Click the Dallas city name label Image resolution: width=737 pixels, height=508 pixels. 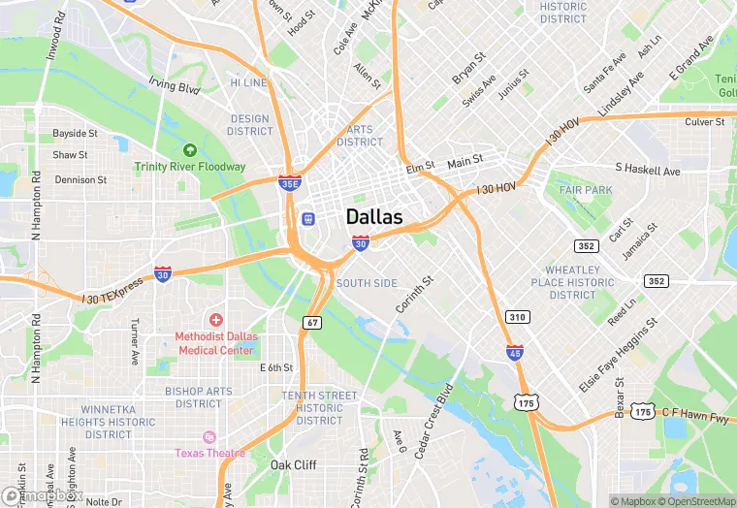tap(374, 217)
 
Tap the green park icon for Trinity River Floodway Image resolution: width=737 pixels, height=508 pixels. tap(190, 150)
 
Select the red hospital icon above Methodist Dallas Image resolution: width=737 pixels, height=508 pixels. tap(215, 320)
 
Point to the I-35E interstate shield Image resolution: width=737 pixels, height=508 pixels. tap(289, 181)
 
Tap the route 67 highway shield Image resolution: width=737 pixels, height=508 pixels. tap(311, 322)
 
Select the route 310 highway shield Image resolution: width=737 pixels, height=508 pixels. tap(517, 317)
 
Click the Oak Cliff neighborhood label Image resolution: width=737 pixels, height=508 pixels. tap(293, 465)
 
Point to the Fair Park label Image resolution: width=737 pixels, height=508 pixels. tap(586, 190)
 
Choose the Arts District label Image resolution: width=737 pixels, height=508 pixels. tap(360, 135)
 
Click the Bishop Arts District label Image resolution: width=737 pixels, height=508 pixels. tap(199, 397)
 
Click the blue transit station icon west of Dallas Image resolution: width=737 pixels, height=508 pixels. tap(308, 218)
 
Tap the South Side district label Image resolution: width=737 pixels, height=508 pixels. tap(367, 283)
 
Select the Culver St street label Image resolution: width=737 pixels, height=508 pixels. tap(705, 122)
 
